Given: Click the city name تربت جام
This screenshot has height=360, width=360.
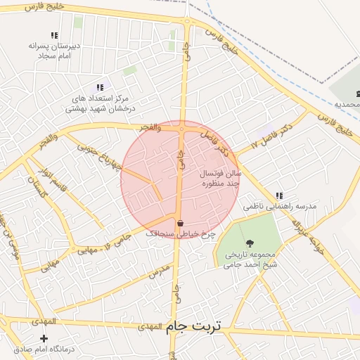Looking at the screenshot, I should click(193, 326).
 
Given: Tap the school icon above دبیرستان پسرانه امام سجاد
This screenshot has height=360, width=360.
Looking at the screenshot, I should click(54, 35).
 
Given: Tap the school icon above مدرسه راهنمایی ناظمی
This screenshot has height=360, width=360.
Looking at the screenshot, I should click(279, 195).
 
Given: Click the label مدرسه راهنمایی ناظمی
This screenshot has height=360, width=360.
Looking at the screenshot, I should click(280, 207).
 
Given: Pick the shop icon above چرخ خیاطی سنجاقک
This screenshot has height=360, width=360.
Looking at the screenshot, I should click(180, 223).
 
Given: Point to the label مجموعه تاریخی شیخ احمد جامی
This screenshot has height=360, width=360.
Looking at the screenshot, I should click(251, 259).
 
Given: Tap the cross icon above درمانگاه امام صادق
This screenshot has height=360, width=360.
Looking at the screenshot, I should click(44, 338).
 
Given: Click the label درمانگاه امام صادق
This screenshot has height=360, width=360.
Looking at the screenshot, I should click(44, 349).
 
